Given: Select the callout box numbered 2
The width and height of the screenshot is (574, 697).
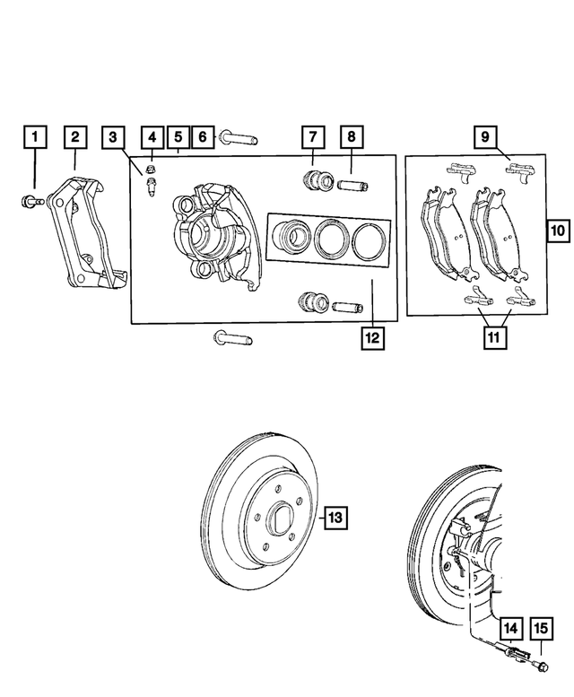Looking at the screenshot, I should pyautogui.click(x=75, y=137).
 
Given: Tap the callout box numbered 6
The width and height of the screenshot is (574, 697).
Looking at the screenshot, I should pyautogui.click(x=203, y=137).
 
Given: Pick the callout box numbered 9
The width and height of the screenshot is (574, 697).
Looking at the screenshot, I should pyautogui.click(x=484, y=137).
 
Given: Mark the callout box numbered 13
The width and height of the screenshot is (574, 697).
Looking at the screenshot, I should pyautogui.click(x=334, y=518).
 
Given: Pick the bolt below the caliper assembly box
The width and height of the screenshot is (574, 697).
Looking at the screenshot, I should pyautogui.click(x=232, y=339).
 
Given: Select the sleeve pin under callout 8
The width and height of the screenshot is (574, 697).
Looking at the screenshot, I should pyautogui.click(x=351, y=186).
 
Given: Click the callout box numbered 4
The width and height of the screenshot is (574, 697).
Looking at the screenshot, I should pyautogui.click(x=152, y=137).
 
